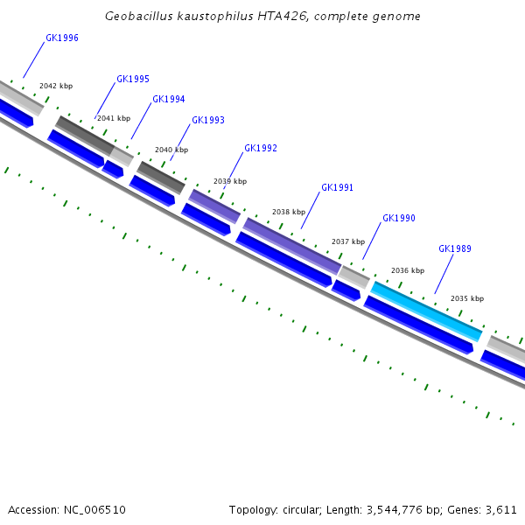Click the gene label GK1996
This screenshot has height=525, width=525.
[x=62, y=38]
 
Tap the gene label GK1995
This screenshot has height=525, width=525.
[x=133, y=79]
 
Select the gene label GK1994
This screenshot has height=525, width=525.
[x=169, y=100]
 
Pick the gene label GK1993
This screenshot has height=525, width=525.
[x=208, y=121]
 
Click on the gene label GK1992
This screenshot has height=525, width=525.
[x=261, y=149]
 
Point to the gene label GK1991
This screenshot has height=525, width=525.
[x=338, y=187]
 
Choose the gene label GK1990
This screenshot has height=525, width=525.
[x=399, y=219]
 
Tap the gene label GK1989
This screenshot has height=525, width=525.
[x=455, y=249]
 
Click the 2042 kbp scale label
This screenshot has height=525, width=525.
[x=56, y=86]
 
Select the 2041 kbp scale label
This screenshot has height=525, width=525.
[x=114, y=118]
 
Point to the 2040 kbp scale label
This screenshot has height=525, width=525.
[x=171, y=150]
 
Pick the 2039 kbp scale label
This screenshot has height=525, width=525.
[x=230, y=181]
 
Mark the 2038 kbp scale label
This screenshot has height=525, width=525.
[x=289, y=212]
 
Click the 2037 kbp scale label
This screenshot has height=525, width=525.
[x=348, y=241]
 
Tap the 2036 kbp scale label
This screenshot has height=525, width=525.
[x=408, y=270]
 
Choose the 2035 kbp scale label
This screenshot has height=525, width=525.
[x=467, y=298]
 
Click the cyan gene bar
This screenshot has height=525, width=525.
[x=426, y=311]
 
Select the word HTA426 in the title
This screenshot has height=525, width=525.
[x=248, y=16]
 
